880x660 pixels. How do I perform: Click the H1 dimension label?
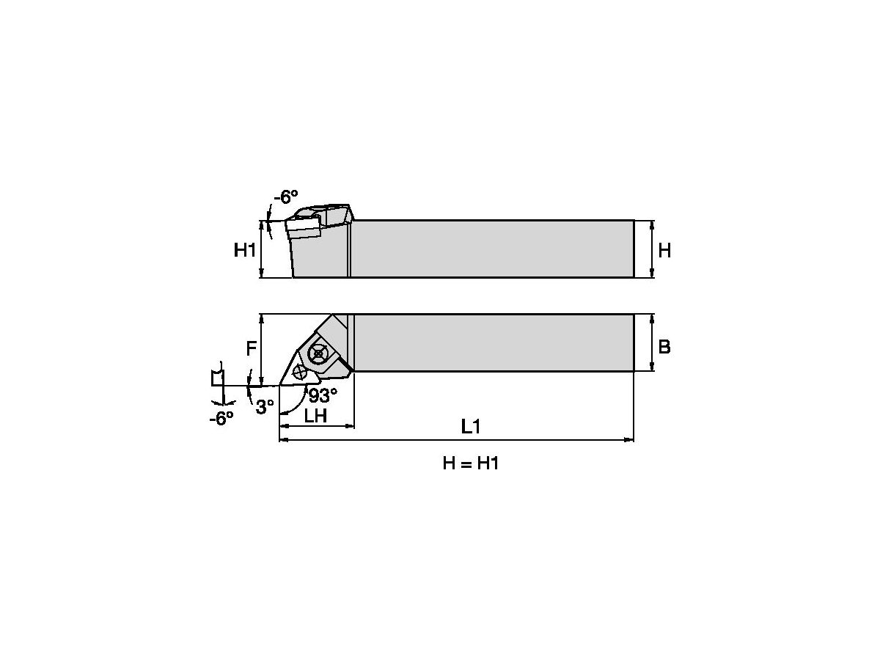[x=245, y=250]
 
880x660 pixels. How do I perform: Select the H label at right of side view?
[x=664, y=250]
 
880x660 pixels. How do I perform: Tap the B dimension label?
[x=664, y=347]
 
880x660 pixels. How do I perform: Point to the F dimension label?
[x=251, y=348]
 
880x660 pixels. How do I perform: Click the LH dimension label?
[x=315, y=417]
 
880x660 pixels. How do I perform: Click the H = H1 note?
[x=470, y=463]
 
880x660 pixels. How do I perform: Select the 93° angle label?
[x=323, y=396]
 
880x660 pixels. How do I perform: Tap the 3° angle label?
[x=265, y=406]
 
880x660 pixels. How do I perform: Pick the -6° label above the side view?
[x=286, y=197]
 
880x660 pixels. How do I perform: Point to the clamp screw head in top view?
[x=318, y=353]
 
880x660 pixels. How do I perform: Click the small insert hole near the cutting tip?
[x=299, y=372]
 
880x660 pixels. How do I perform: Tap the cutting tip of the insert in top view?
[x=281, y=385]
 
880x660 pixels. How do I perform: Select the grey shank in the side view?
[x=491, y=249]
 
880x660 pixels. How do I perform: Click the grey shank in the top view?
[x=491, y=342]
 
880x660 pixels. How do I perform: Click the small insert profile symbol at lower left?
[x=218, y=377]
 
